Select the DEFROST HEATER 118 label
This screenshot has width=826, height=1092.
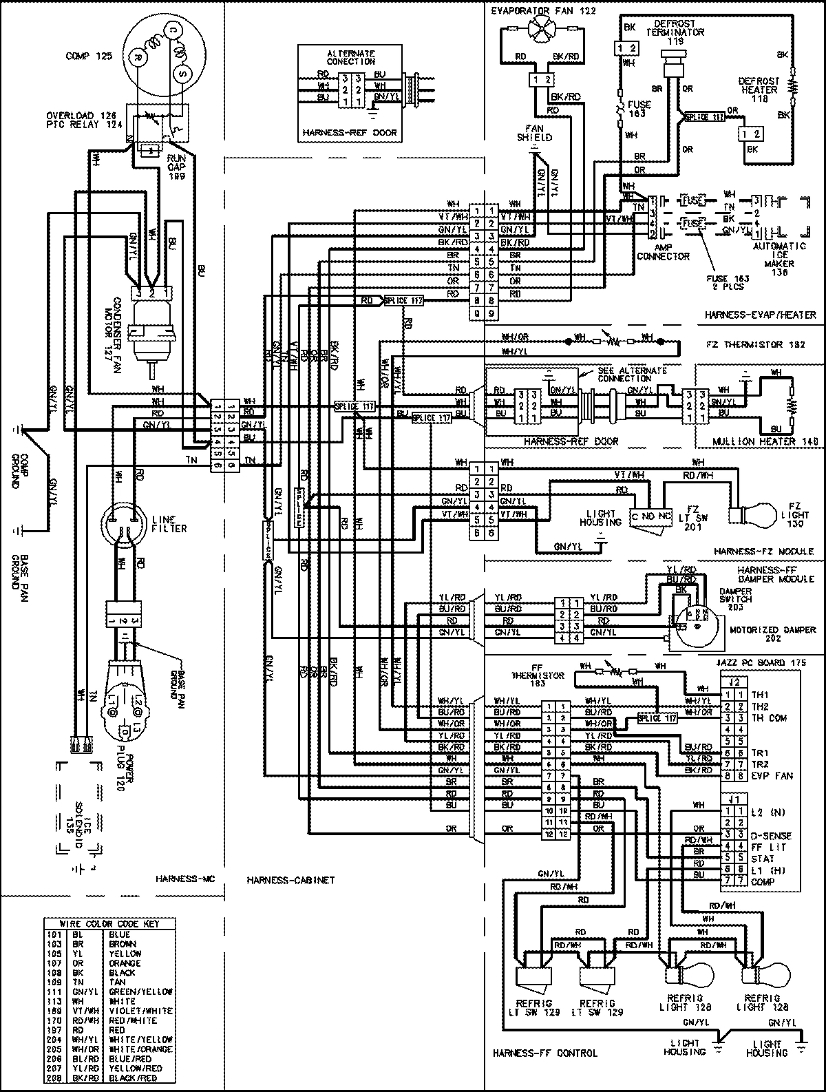759,90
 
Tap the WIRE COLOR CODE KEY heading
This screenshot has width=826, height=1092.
109,924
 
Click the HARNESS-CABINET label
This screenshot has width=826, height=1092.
290,880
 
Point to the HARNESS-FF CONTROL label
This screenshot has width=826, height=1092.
544,1053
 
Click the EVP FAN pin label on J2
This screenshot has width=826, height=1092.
772,776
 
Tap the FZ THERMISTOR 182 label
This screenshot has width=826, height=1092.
753,344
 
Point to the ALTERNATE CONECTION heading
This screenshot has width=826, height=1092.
351,57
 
